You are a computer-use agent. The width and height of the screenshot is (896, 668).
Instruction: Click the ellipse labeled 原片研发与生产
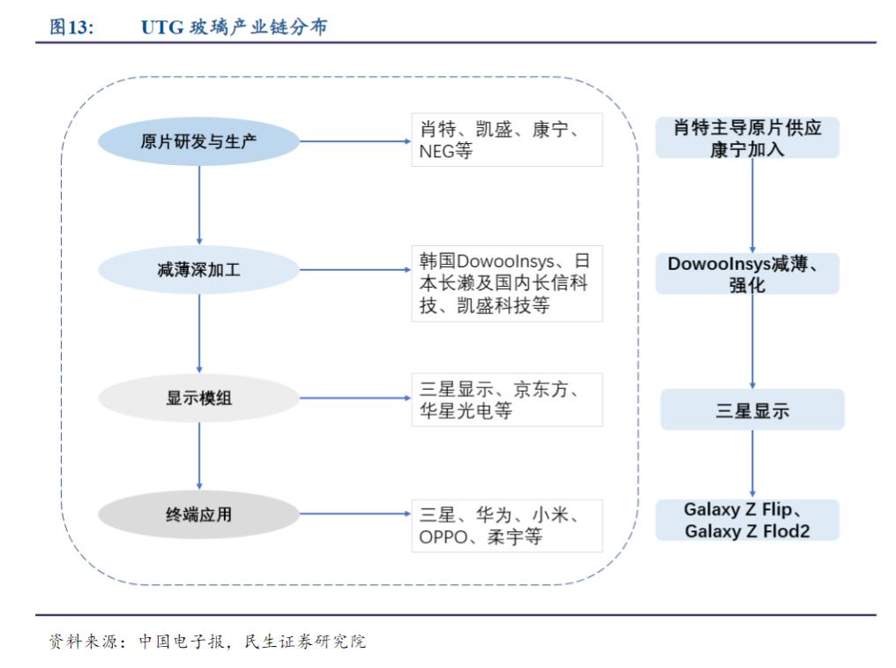[198, 140]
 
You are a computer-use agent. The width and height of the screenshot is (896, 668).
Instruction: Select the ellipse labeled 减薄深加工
[198, 270]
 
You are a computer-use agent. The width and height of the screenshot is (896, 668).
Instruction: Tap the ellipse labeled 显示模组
[198, 399]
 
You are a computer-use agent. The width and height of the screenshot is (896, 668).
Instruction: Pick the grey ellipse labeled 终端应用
[198, 514]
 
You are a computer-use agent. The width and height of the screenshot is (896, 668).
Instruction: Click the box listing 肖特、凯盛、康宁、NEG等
[506, 140]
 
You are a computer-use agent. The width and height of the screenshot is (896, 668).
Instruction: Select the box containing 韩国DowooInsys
[506, 283]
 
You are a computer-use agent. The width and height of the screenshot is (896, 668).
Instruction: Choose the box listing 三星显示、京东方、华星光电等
[506, 399]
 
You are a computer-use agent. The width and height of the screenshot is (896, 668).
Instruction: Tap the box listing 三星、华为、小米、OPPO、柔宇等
[506, 526]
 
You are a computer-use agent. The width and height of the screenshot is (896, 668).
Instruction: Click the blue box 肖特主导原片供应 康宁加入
[747, 139]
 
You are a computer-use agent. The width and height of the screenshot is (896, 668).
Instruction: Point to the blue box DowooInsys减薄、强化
[747, 274]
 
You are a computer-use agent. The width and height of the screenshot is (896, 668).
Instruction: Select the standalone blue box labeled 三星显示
[752, 410]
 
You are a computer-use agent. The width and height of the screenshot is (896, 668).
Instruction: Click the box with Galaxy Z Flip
[747, 520]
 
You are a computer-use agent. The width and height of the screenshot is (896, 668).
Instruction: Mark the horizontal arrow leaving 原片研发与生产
[353, 140]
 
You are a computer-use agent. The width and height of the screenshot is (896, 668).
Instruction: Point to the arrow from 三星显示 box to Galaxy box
[752, 464]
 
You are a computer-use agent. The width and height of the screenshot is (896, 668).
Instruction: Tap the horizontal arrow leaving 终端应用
[353, 514]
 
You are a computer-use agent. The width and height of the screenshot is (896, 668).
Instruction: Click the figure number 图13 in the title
[71, 27]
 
